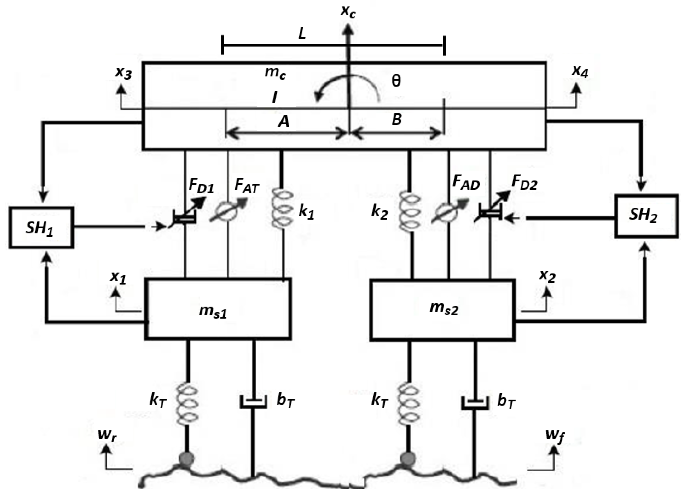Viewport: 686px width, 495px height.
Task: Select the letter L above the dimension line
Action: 302,34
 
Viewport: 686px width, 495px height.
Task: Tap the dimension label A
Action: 284,122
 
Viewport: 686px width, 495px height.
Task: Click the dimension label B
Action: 397,120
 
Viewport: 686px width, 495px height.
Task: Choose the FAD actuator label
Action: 466,183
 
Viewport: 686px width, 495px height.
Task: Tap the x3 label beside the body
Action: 124,73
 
